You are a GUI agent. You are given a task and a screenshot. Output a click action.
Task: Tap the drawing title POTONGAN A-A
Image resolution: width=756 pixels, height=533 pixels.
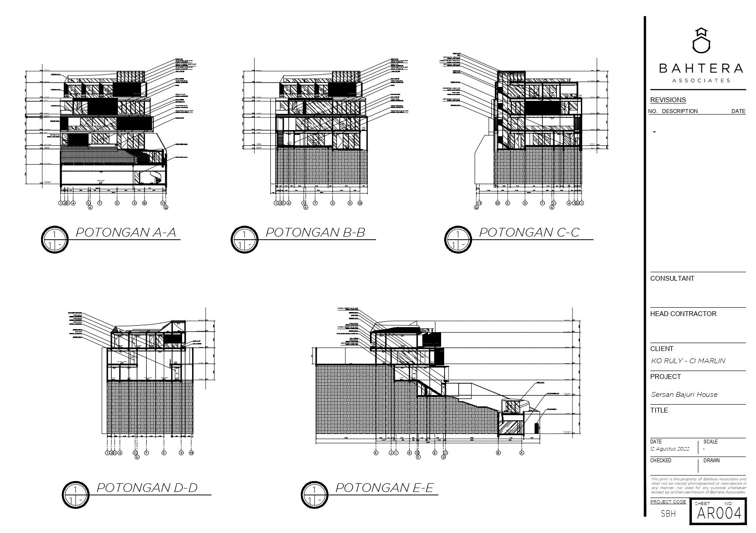[126, 232]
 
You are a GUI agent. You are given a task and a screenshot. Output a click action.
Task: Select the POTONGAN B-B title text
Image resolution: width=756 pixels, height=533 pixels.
[315, 232]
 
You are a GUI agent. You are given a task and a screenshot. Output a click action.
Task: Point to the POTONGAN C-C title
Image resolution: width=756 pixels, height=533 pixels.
[529, 232]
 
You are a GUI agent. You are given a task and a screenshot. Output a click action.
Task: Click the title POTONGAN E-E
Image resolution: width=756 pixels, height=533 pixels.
[384, 488]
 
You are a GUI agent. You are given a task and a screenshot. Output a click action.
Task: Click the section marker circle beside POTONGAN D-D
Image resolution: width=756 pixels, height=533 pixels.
[75, 494]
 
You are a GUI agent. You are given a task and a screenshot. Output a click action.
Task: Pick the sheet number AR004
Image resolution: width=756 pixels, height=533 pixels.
[719, 513]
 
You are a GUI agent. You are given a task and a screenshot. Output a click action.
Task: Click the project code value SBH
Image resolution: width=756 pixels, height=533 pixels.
[668, 514]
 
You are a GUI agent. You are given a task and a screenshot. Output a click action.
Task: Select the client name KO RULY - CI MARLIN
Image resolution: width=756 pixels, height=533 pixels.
[688, 361]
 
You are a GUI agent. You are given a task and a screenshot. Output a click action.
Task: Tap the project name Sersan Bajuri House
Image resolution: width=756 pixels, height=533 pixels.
[684, 395]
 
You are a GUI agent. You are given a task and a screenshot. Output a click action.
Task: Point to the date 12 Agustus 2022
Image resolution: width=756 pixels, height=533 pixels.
[670, 449]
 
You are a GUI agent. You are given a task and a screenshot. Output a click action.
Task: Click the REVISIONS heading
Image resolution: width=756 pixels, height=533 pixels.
[668, 100]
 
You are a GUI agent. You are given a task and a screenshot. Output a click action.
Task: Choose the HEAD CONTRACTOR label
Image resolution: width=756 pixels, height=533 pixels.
[683, 314]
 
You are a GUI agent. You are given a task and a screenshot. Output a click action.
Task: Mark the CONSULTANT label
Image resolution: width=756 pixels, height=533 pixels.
[672, 279]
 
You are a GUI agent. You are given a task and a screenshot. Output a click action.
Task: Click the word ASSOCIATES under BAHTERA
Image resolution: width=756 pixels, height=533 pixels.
[701, 80]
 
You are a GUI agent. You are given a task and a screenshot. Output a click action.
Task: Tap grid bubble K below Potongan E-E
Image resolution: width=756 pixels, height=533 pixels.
[376, 453]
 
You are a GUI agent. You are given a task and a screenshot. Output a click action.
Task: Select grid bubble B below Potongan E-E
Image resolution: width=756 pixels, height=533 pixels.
[498, 453]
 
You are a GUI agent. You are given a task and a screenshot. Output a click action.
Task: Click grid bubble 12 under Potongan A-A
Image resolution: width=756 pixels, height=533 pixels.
[166, 207]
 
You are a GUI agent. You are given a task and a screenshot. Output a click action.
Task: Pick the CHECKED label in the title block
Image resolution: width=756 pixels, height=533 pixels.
[660, 461]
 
